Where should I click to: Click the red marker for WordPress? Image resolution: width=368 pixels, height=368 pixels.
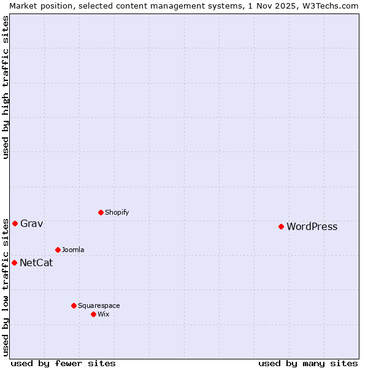pos(281,226)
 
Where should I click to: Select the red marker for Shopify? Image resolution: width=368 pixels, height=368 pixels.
pos(101,212)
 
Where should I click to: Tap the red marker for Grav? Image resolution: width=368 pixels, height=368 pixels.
pos(15,223)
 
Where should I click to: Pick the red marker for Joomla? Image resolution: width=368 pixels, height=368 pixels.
pos(58,250)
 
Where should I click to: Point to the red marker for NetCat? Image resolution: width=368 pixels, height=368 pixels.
pos(14,263)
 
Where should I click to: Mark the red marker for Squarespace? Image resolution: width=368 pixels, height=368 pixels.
pos(74,305)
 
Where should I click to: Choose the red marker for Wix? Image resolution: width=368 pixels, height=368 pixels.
pos(93,314)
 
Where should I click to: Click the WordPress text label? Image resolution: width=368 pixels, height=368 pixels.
pos(312,227)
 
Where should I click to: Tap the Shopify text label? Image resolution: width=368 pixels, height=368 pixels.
pos(117,213)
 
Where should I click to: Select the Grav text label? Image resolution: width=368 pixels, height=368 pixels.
pos(31,224)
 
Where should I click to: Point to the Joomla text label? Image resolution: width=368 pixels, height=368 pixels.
pos(73,250)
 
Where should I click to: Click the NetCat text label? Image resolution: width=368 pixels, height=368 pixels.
pos(36,263)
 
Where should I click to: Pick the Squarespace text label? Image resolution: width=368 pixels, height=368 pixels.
pos(99,306)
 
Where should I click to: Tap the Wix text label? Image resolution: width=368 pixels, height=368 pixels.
pos(103,315)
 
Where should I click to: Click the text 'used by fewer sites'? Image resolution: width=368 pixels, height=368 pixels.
pos(63,363)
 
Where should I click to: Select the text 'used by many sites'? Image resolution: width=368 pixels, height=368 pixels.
pos(308,363)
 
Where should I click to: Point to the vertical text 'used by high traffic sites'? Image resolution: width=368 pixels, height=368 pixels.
pos(6,87)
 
